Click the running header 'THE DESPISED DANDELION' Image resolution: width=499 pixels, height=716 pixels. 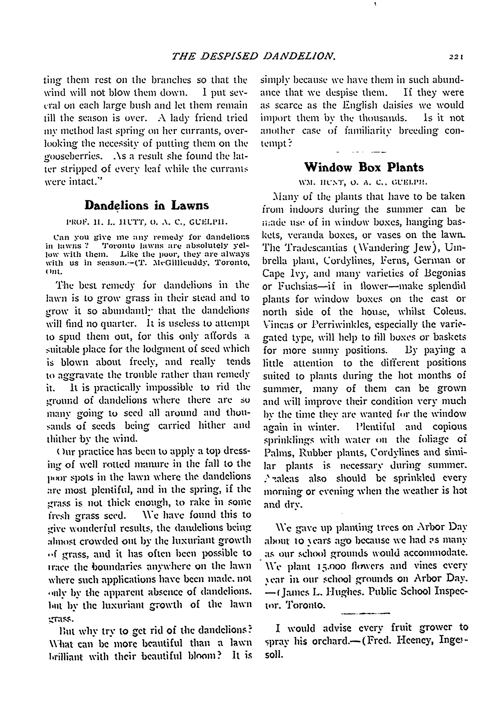pos(254,56)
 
